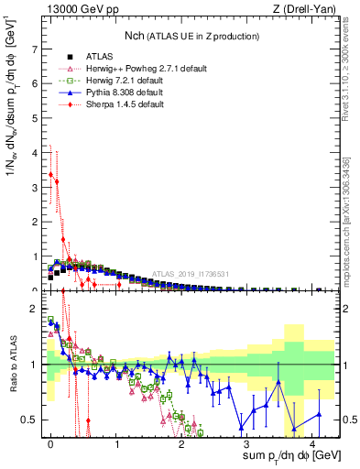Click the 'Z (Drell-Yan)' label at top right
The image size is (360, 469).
[x=304, y=9]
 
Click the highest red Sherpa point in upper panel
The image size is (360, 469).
[x=51, y=173]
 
